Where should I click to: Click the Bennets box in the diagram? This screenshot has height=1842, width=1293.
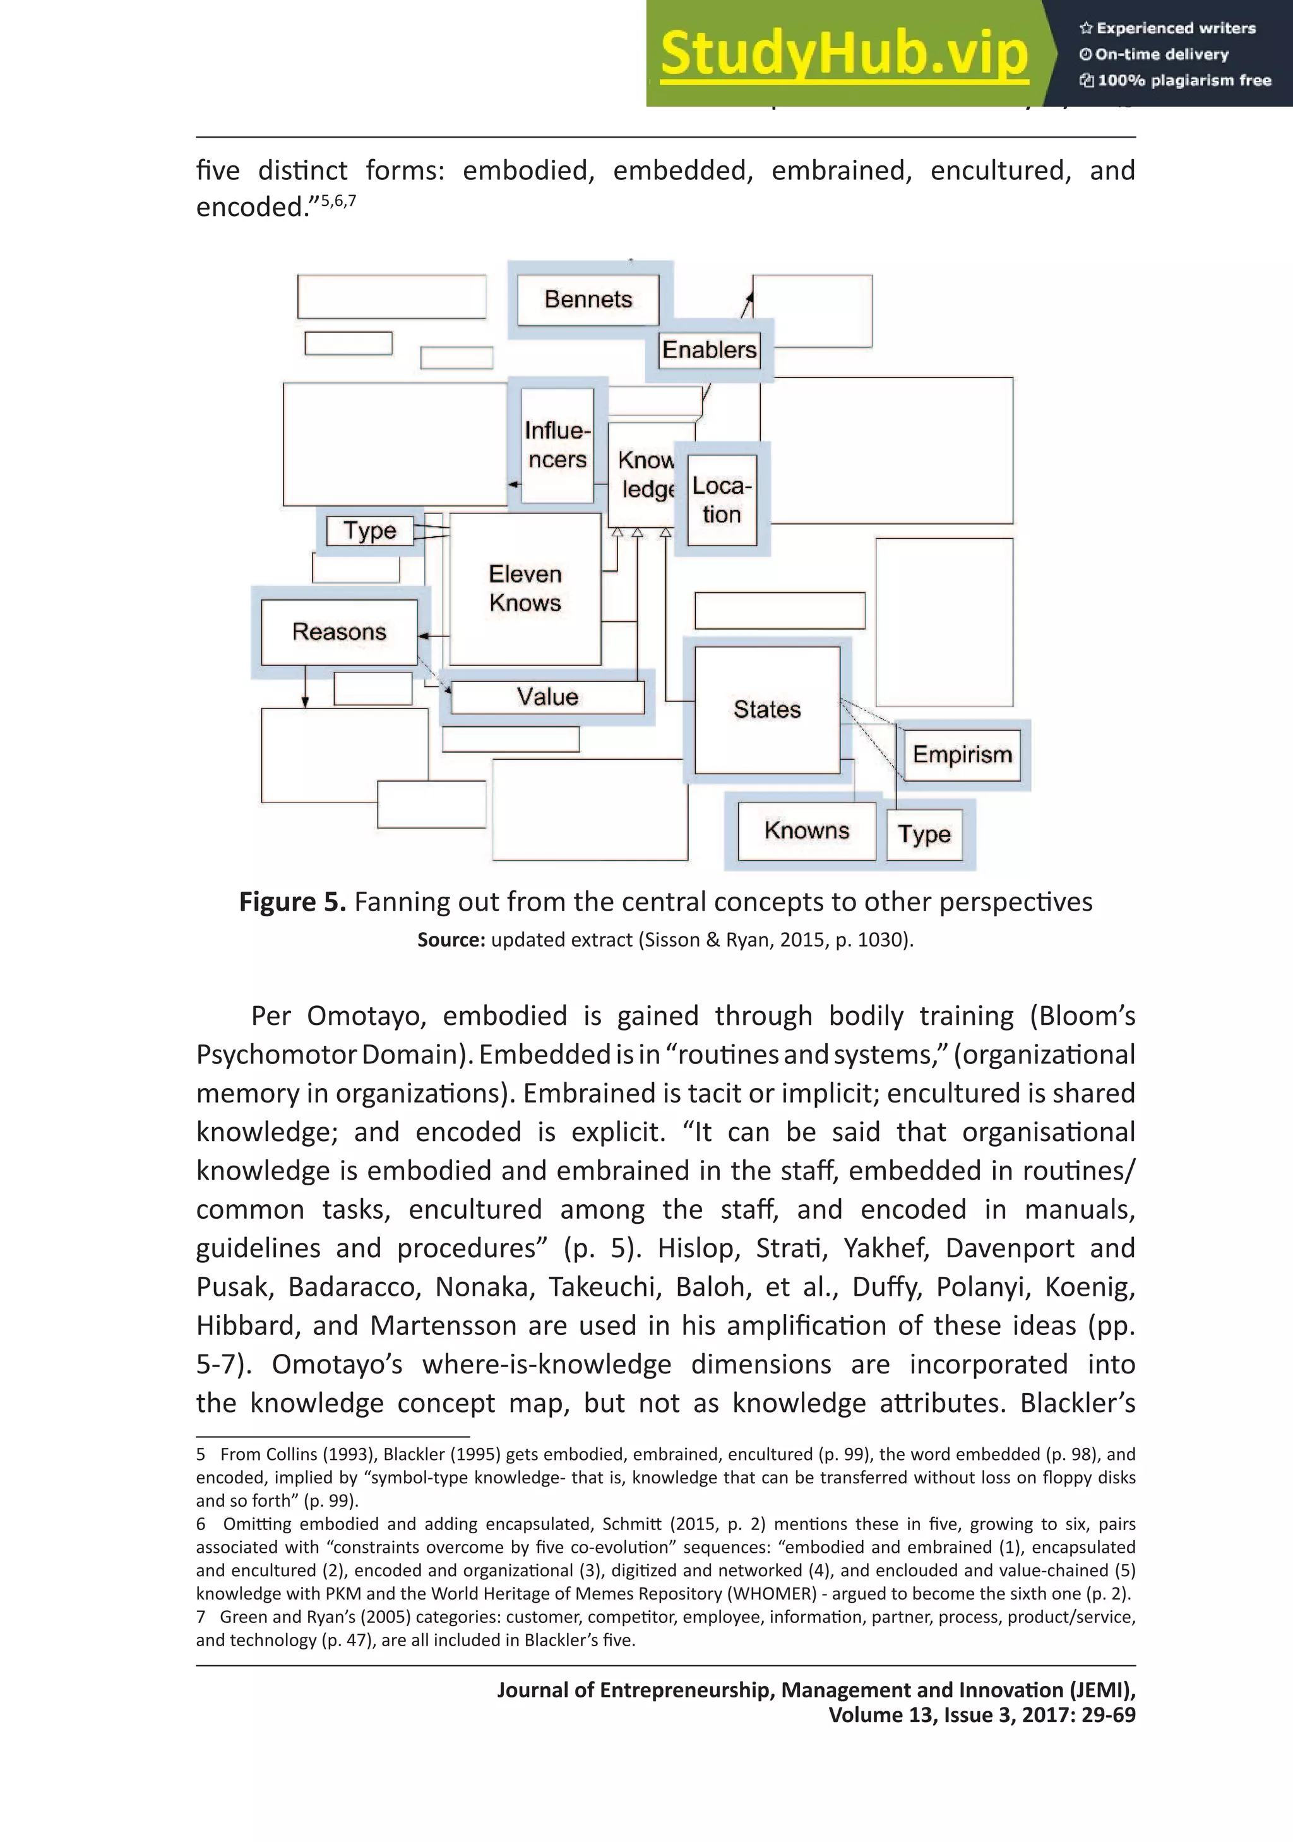(x=588, y=299)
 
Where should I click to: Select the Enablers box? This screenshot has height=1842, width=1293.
(x=709, y=350)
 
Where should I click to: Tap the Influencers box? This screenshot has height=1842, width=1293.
(x=557, y=445)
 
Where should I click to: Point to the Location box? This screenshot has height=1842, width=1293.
(x=722, y=500)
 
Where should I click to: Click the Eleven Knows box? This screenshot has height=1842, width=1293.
(x=525, y=588)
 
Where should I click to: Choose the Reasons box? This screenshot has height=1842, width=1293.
(x=339, y=632)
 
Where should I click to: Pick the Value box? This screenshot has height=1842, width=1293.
(x=547, y=697)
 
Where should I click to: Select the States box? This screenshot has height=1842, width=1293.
(x=767, y=709)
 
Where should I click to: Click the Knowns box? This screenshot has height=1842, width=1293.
(x=806, y=830)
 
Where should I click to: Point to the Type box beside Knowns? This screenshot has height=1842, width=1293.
(x=924, y=834)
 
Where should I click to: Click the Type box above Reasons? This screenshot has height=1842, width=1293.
(x=370, y=530)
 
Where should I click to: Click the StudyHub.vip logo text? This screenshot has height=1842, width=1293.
(x=844, y=54)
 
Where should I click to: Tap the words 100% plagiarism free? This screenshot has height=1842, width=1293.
(x=1184, y=80)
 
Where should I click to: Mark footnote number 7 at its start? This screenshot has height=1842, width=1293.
(x=201, y=1617)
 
